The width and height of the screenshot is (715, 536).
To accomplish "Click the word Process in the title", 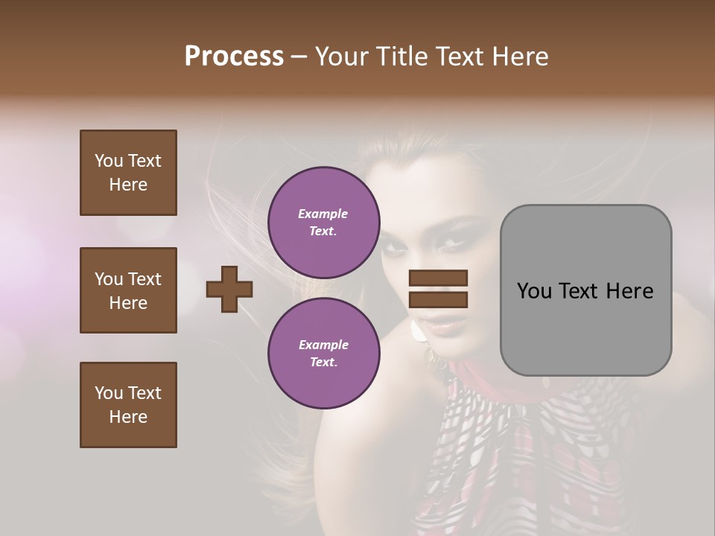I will [x=234, y=57].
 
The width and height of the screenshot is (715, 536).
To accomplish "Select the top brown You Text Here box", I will [x=128, y=173].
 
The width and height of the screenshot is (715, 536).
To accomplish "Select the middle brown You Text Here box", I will [x=128, y=290].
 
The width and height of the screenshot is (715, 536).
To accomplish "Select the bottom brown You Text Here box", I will [x=128, y=404].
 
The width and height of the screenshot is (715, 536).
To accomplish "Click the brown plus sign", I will [x=229, y=289].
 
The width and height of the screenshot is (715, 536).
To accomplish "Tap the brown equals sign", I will [x=439, y=289].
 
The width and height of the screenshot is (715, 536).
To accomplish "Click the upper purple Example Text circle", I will [x=323, y=222].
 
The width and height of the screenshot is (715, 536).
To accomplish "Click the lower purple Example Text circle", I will [x=323, y=353].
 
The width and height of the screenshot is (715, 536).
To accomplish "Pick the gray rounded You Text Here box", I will [x=585, y=290].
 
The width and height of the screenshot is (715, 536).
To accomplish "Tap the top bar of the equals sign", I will [x=439, y=278].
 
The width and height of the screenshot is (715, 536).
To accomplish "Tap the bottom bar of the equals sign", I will [x=439, y=299].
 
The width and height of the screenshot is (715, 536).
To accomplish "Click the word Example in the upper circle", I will [x=323, y=214].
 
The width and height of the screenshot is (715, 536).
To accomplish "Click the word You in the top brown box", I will [x=108, y=161].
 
